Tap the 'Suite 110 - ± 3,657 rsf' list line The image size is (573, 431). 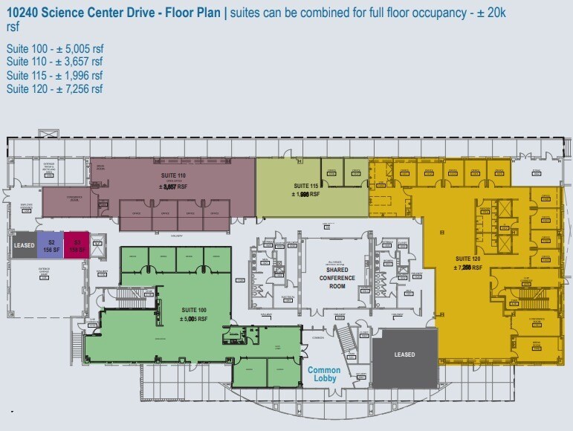click(54, 62)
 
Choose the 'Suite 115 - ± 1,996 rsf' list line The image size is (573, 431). click(54, 76)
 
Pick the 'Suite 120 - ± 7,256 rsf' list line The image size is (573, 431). click(54, 89)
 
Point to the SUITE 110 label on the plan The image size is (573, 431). click(166, 175)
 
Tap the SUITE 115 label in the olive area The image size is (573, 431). click(306, 185)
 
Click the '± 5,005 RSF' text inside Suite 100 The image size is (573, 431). click(195, 320)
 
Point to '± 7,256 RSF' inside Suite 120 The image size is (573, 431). click(468, 267)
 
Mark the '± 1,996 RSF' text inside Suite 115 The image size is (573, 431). click(306, 194)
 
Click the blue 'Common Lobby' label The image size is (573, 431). click(324, 375)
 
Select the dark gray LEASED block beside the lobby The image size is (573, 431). click(404, 354)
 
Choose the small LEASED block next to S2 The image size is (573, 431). click(25, 246)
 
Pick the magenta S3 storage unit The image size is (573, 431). click(77, 246)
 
